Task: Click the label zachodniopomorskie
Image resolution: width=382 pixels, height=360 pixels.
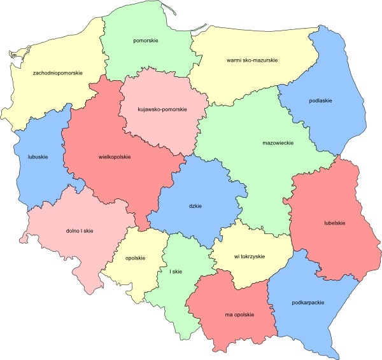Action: (58, 73)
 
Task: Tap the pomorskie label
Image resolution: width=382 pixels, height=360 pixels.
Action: (146, 41)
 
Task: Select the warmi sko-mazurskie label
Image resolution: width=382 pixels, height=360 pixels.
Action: (251, 60)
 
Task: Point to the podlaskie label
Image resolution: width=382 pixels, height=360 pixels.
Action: (321, 100)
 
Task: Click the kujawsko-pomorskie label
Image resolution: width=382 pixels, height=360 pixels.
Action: (162, 109)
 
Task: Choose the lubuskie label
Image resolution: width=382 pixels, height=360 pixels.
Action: (39, 155)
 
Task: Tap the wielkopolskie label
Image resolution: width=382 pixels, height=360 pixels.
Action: (115, 156)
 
